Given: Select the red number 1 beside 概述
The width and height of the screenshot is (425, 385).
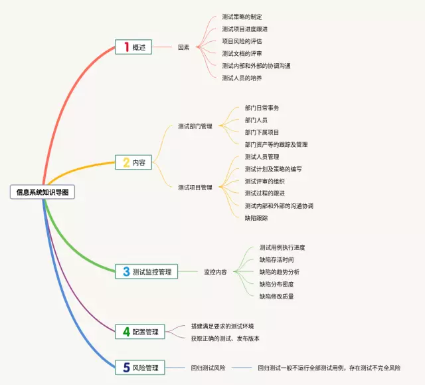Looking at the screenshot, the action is [126, 47].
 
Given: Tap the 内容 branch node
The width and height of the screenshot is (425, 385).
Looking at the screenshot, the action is [139, 162].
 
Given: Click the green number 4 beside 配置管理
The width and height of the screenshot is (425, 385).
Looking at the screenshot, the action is [126, 331].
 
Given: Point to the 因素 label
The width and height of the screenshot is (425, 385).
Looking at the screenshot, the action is [184, 47].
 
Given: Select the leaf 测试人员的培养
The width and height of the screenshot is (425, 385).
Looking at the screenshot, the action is [242, 78].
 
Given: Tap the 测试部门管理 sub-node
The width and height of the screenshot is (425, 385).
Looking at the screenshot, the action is [195, 126].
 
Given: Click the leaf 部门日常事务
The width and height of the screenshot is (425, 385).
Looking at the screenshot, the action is [262, 108].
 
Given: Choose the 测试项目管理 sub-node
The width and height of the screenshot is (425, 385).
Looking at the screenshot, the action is [195, 188].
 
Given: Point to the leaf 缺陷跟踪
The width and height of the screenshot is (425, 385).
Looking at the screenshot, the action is [256, 218].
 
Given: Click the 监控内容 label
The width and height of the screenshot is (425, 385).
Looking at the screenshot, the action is [215, 272].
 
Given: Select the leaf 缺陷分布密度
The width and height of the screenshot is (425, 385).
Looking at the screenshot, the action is [276, 284].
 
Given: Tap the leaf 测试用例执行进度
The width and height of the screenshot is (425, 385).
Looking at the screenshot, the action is [282, 247].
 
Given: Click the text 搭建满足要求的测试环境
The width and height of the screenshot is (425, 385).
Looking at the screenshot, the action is [222, 326].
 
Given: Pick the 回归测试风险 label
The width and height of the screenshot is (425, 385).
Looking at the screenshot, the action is [208, 367].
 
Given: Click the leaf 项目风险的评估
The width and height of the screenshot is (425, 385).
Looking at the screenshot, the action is [242, 41].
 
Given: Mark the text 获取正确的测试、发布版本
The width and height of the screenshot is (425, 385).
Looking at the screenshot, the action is [225, 338].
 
